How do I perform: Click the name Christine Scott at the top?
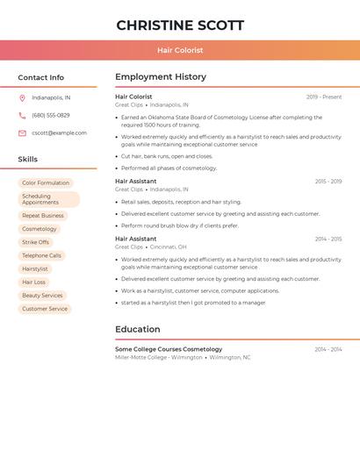tap(180, 25)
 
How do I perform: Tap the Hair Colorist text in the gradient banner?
tap(180, 51)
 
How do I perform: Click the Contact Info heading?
tap(40, 77)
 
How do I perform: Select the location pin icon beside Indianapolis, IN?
tap(22, 97)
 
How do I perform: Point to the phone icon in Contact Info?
tap(22, 115)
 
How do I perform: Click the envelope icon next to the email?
tap(22, 133)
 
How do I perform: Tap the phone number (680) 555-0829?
tap(51, 115)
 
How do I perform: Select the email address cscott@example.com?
tap(59, 133)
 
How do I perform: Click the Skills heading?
tap(28, 159)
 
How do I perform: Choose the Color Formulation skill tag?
tap(46, 183)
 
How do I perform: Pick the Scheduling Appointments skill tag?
tap(48, 199)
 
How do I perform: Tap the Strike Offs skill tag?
tap(36, 242)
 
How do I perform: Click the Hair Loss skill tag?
tap(34, 283)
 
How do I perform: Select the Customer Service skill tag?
tap(45, 309)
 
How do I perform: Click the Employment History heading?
tap(161, 77)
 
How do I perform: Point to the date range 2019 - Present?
tap(324, 97)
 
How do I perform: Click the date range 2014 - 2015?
tap(328, 239)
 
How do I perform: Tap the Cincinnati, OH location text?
tap(169, 247)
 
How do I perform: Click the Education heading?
tap(137, 329)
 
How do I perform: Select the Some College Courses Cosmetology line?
tap(169, 349)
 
